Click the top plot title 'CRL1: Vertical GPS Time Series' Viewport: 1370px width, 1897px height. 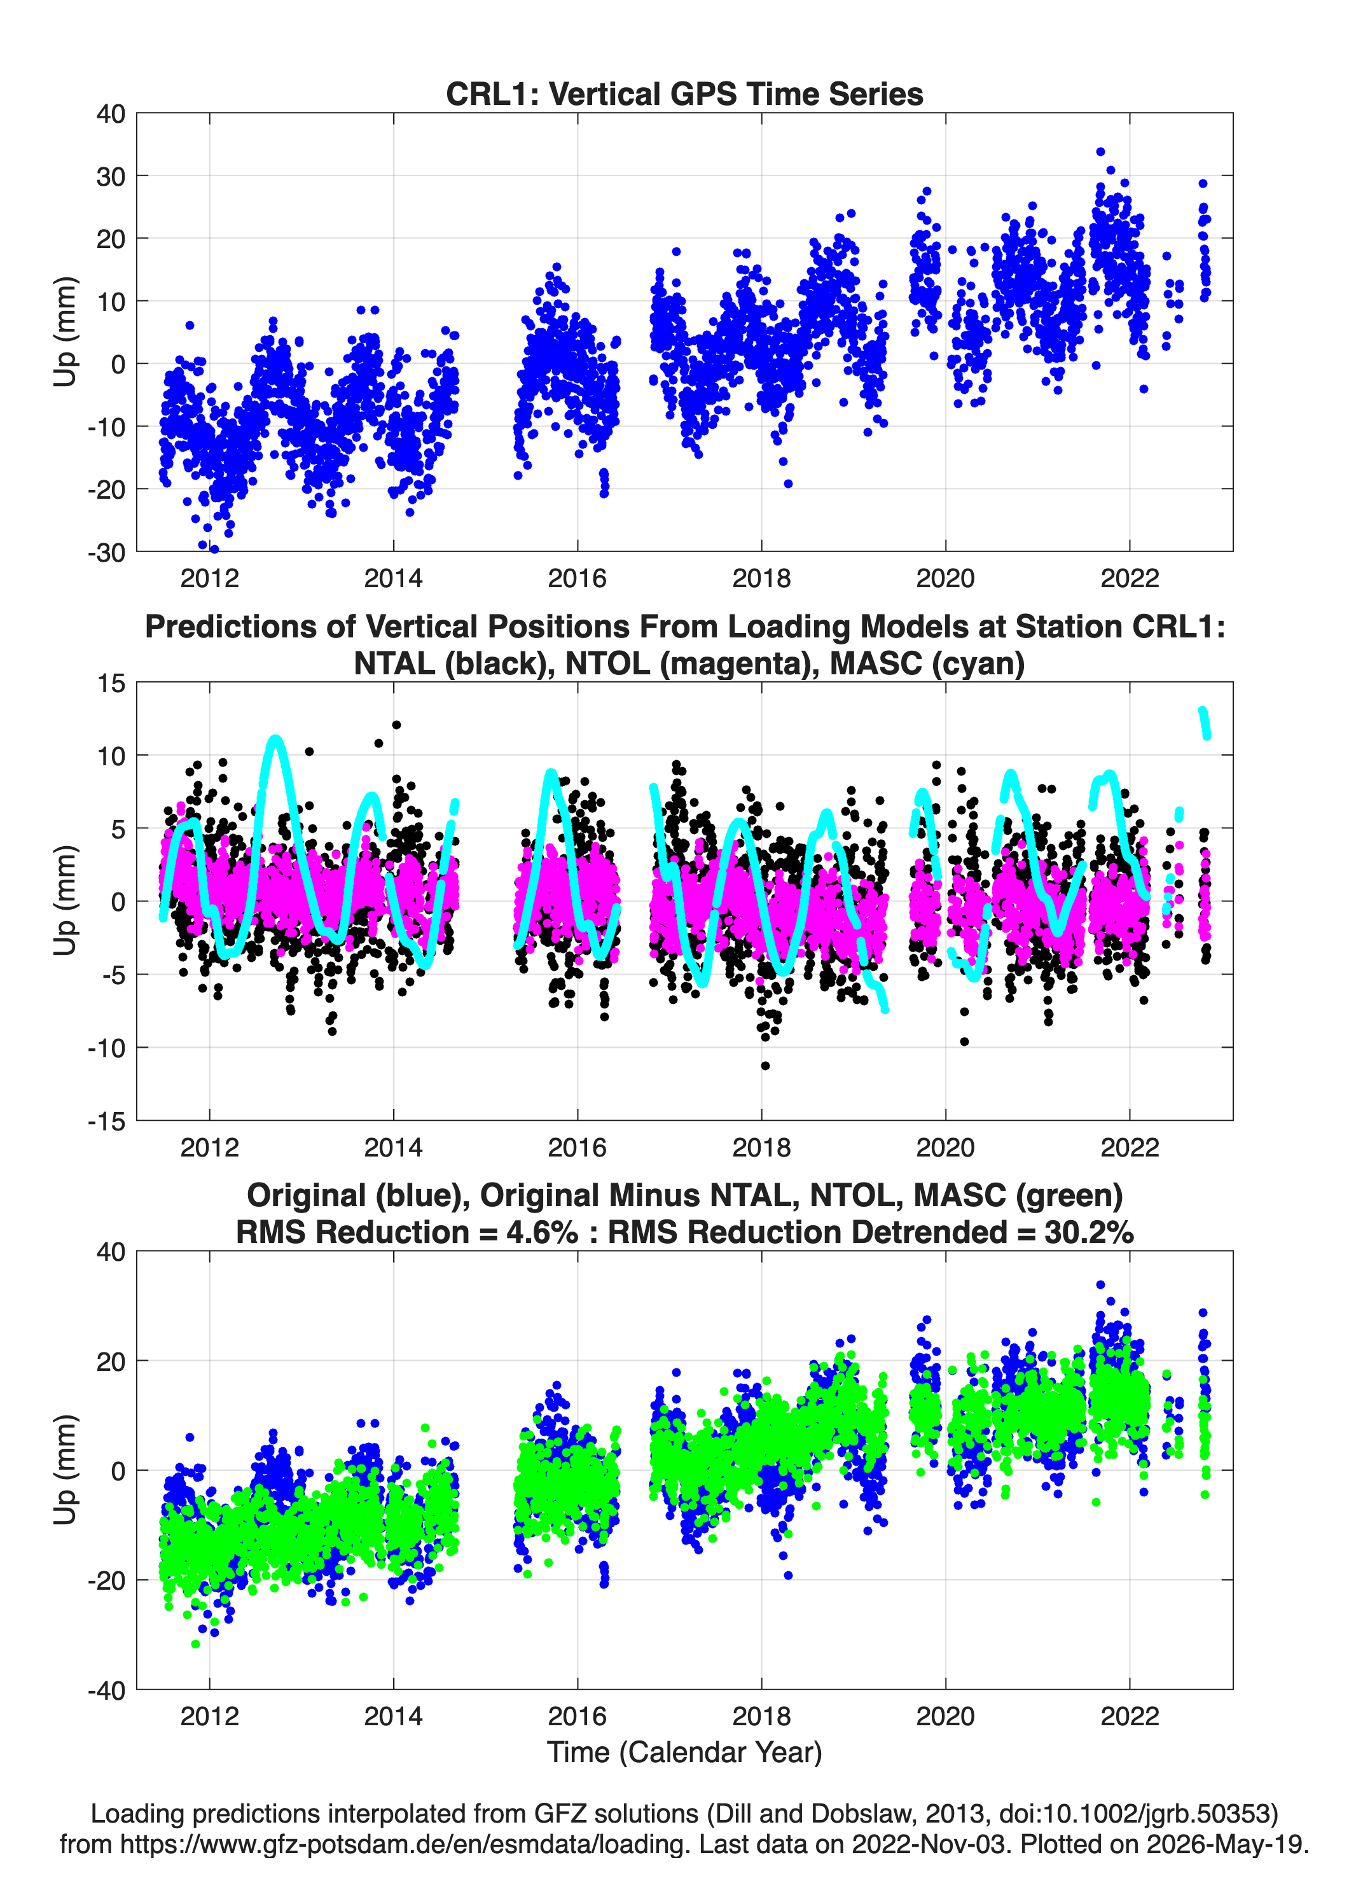(x=684, y=94)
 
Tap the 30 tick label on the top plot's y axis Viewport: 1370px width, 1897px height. (x=111, y=176)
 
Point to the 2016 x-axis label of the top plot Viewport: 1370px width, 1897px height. (x=577, y=578)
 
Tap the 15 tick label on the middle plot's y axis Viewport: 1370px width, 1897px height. (x=111, y=683)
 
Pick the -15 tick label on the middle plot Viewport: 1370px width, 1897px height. (x=106, y=1122)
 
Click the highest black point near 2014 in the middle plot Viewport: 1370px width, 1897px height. (x=396, y=725)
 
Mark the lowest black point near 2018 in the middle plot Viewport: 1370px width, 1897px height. (x=765, y=1066)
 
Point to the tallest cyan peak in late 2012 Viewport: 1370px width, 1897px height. (x=275, y=739)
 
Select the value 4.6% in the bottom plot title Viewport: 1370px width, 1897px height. (x=542, y=1232)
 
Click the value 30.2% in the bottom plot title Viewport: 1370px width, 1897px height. (x=1089, y=1232)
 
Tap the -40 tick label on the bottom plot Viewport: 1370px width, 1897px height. (x=106, y=1690)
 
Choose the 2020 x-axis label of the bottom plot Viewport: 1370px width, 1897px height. (x=945, y=1716)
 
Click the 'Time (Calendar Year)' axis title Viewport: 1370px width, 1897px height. (x=684, y=1753)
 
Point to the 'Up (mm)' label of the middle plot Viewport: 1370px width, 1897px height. (x=66, y=901)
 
